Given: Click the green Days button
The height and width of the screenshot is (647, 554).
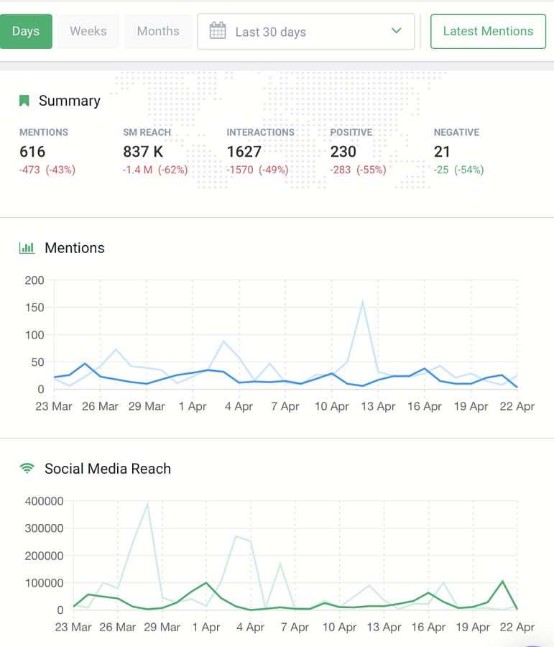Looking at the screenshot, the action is pos(26,32).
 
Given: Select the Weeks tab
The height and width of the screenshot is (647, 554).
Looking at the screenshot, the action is pos(88,32).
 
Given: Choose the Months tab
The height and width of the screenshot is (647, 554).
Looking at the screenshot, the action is pos(158,32).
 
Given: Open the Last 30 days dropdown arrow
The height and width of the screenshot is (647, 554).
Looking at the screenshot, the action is pos(397,31).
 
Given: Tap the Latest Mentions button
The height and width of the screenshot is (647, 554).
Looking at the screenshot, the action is pos(488,32).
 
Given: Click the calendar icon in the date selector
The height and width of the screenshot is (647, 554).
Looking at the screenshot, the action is pos(218,31).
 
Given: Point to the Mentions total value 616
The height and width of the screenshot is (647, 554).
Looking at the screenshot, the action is pos(32,152).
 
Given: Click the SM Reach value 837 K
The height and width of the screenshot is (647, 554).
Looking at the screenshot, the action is pos(143,152).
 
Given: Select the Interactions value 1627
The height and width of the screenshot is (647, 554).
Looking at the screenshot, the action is pos(244,152).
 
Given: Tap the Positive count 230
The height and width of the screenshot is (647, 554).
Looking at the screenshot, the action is pos(343,152).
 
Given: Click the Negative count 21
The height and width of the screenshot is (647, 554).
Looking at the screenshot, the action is pos(442,152).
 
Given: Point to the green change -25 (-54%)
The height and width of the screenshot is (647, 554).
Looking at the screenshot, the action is pos(458,170).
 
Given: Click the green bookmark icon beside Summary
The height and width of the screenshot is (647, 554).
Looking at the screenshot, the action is pos(24,101).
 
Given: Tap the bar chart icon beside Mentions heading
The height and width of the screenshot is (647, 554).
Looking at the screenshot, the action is pos(27,248).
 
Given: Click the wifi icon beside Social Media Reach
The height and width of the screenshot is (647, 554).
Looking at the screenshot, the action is pos(27,468).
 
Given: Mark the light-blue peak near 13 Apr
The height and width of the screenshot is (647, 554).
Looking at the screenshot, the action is pos(363,301).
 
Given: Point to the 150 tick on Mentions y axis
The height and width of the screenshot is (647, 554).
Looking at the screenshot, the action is pos(34,308).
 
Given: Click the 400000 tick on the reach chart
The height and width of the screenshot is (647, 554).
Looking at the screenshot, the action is pos(44,501).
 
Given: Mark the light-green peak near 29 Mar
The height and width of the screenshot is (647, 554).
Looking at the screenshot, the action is pos(147,503).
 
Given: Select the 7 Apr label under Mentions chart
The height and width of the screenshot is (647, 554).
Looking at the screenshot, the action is pos(285,406).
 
